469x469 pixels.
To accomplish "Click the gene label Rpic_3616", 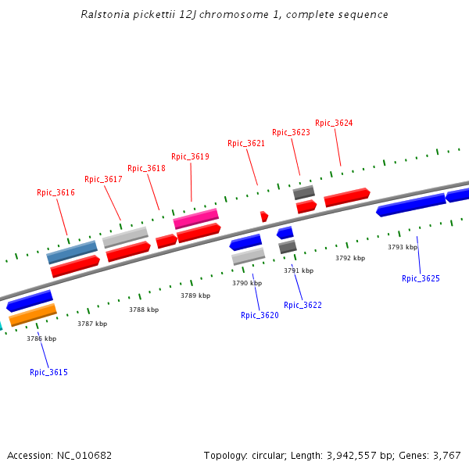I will pos(55,192).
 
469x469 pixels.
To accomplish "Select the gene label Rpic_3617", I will pos(103,180).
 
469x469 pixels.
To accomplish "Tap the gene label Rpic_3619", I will pos(190,156).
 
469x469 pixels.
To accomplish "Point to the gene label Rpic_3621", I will pos(246,143).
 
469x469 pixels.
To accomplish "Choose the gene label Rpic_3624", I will pos(334,123).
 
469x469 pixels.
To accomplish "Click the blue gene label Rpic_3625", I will pos(421,278).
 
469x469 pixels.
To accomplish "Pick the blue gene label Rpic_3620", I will pos(260,315).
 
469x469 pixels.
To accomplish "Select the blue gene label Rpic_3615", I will pos(48,372).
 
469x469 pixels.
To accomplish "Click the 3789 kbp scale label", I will pos(195,295).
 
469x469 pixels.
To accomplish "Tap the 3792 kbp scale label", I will pos(350,258).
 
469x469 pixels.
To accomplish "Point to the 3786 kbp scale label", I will pos(41,338).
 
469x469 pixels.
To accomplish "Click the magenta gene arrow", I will pos(195,217).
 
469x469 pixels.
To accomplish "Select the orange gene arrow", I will pos(33,314).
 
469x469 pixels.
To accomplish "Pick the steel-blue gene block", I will pos(72,252).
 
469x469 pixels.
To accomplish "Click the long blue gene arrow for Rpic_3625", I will pos(410,205).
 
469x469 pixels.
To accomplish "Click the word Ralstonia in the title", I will pos(106,15).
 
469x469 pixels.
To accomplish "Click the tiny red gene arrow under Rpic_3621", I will pos(264,216).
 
